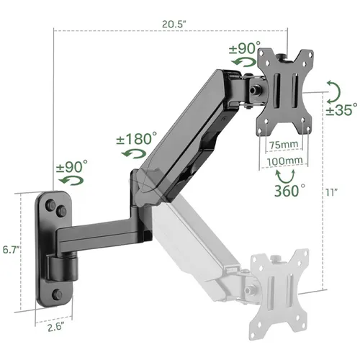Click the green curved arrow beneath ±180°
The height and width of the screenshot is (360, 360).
(132, 154)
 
